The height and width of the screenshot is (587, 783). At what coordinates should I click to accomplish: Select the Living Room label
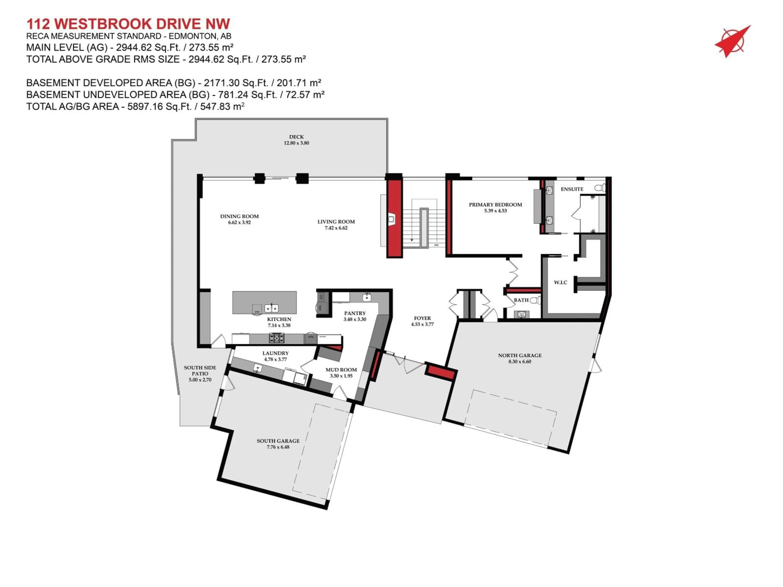click(336, 222)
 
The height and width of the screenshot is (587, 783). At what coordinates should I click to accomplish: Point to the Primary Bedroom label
click(495, 204)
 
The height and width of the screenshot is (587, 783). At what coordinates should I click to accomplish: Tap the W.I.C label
click(560, 282)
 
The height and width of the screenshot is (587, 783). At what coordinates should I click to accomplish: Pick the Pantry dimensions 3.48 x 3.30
click(355, 319)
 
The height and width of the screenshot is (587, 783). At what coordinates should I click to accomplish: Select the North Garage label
click(520, 355)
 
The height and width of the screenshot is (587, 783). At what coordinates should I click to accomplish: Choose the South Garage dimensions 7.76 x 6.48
click(278, 447)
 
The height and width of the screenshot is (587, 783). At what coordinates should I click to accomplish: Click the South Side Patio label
click(200, 371)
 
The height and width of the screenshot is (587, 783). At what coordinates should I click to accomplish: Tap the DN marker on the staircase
click(436, 245)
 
